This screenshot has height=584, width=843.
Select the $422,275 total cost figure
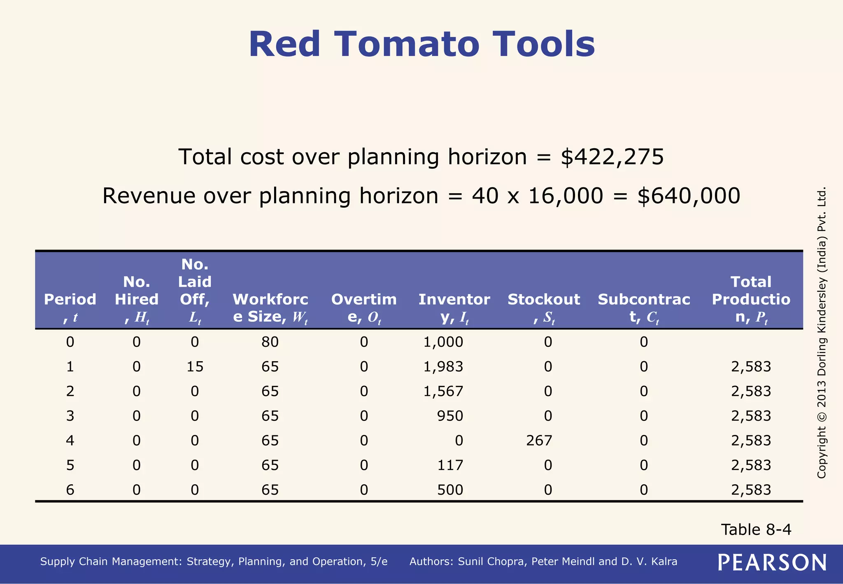[612, 157]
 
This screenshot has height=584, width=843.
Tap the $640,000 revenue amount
[689, 196]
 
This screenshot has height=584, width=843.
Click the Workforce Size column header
[270, 308]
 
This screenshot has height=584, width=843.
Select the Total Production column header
[751, 299]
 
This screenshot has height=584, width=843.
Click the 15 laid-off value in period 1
[195, 367]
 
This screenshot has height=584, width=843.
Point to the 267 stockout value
[539, 441]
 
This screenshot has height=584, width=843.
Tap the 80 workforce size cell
[270, 342]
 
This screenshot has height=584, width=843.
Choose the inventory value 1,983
[443, 367]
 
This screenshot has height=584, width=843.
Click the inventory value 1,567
[443, 391]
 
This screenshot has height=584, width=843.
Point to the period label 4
[70, 441]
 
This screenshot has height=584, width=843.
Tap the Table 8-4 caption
[756, 530]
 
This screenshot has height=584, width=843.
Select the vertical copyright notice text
[821, 333]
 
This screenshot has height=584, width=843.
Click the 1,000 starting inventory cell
[443, 342]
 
